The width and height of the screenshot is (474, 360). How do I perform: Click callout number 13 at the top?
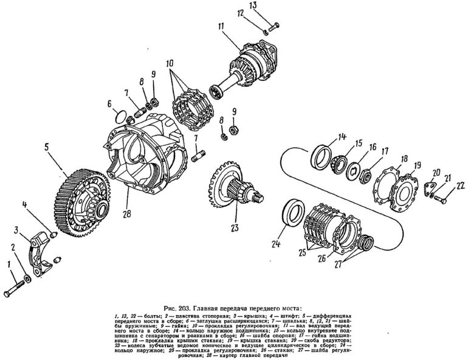pos(271,6)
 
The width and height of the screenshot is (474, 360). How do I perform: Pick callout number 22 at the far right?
pos(459,185)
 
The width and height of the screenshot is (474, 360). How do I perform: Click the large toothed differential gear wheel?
pos(79,201)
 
